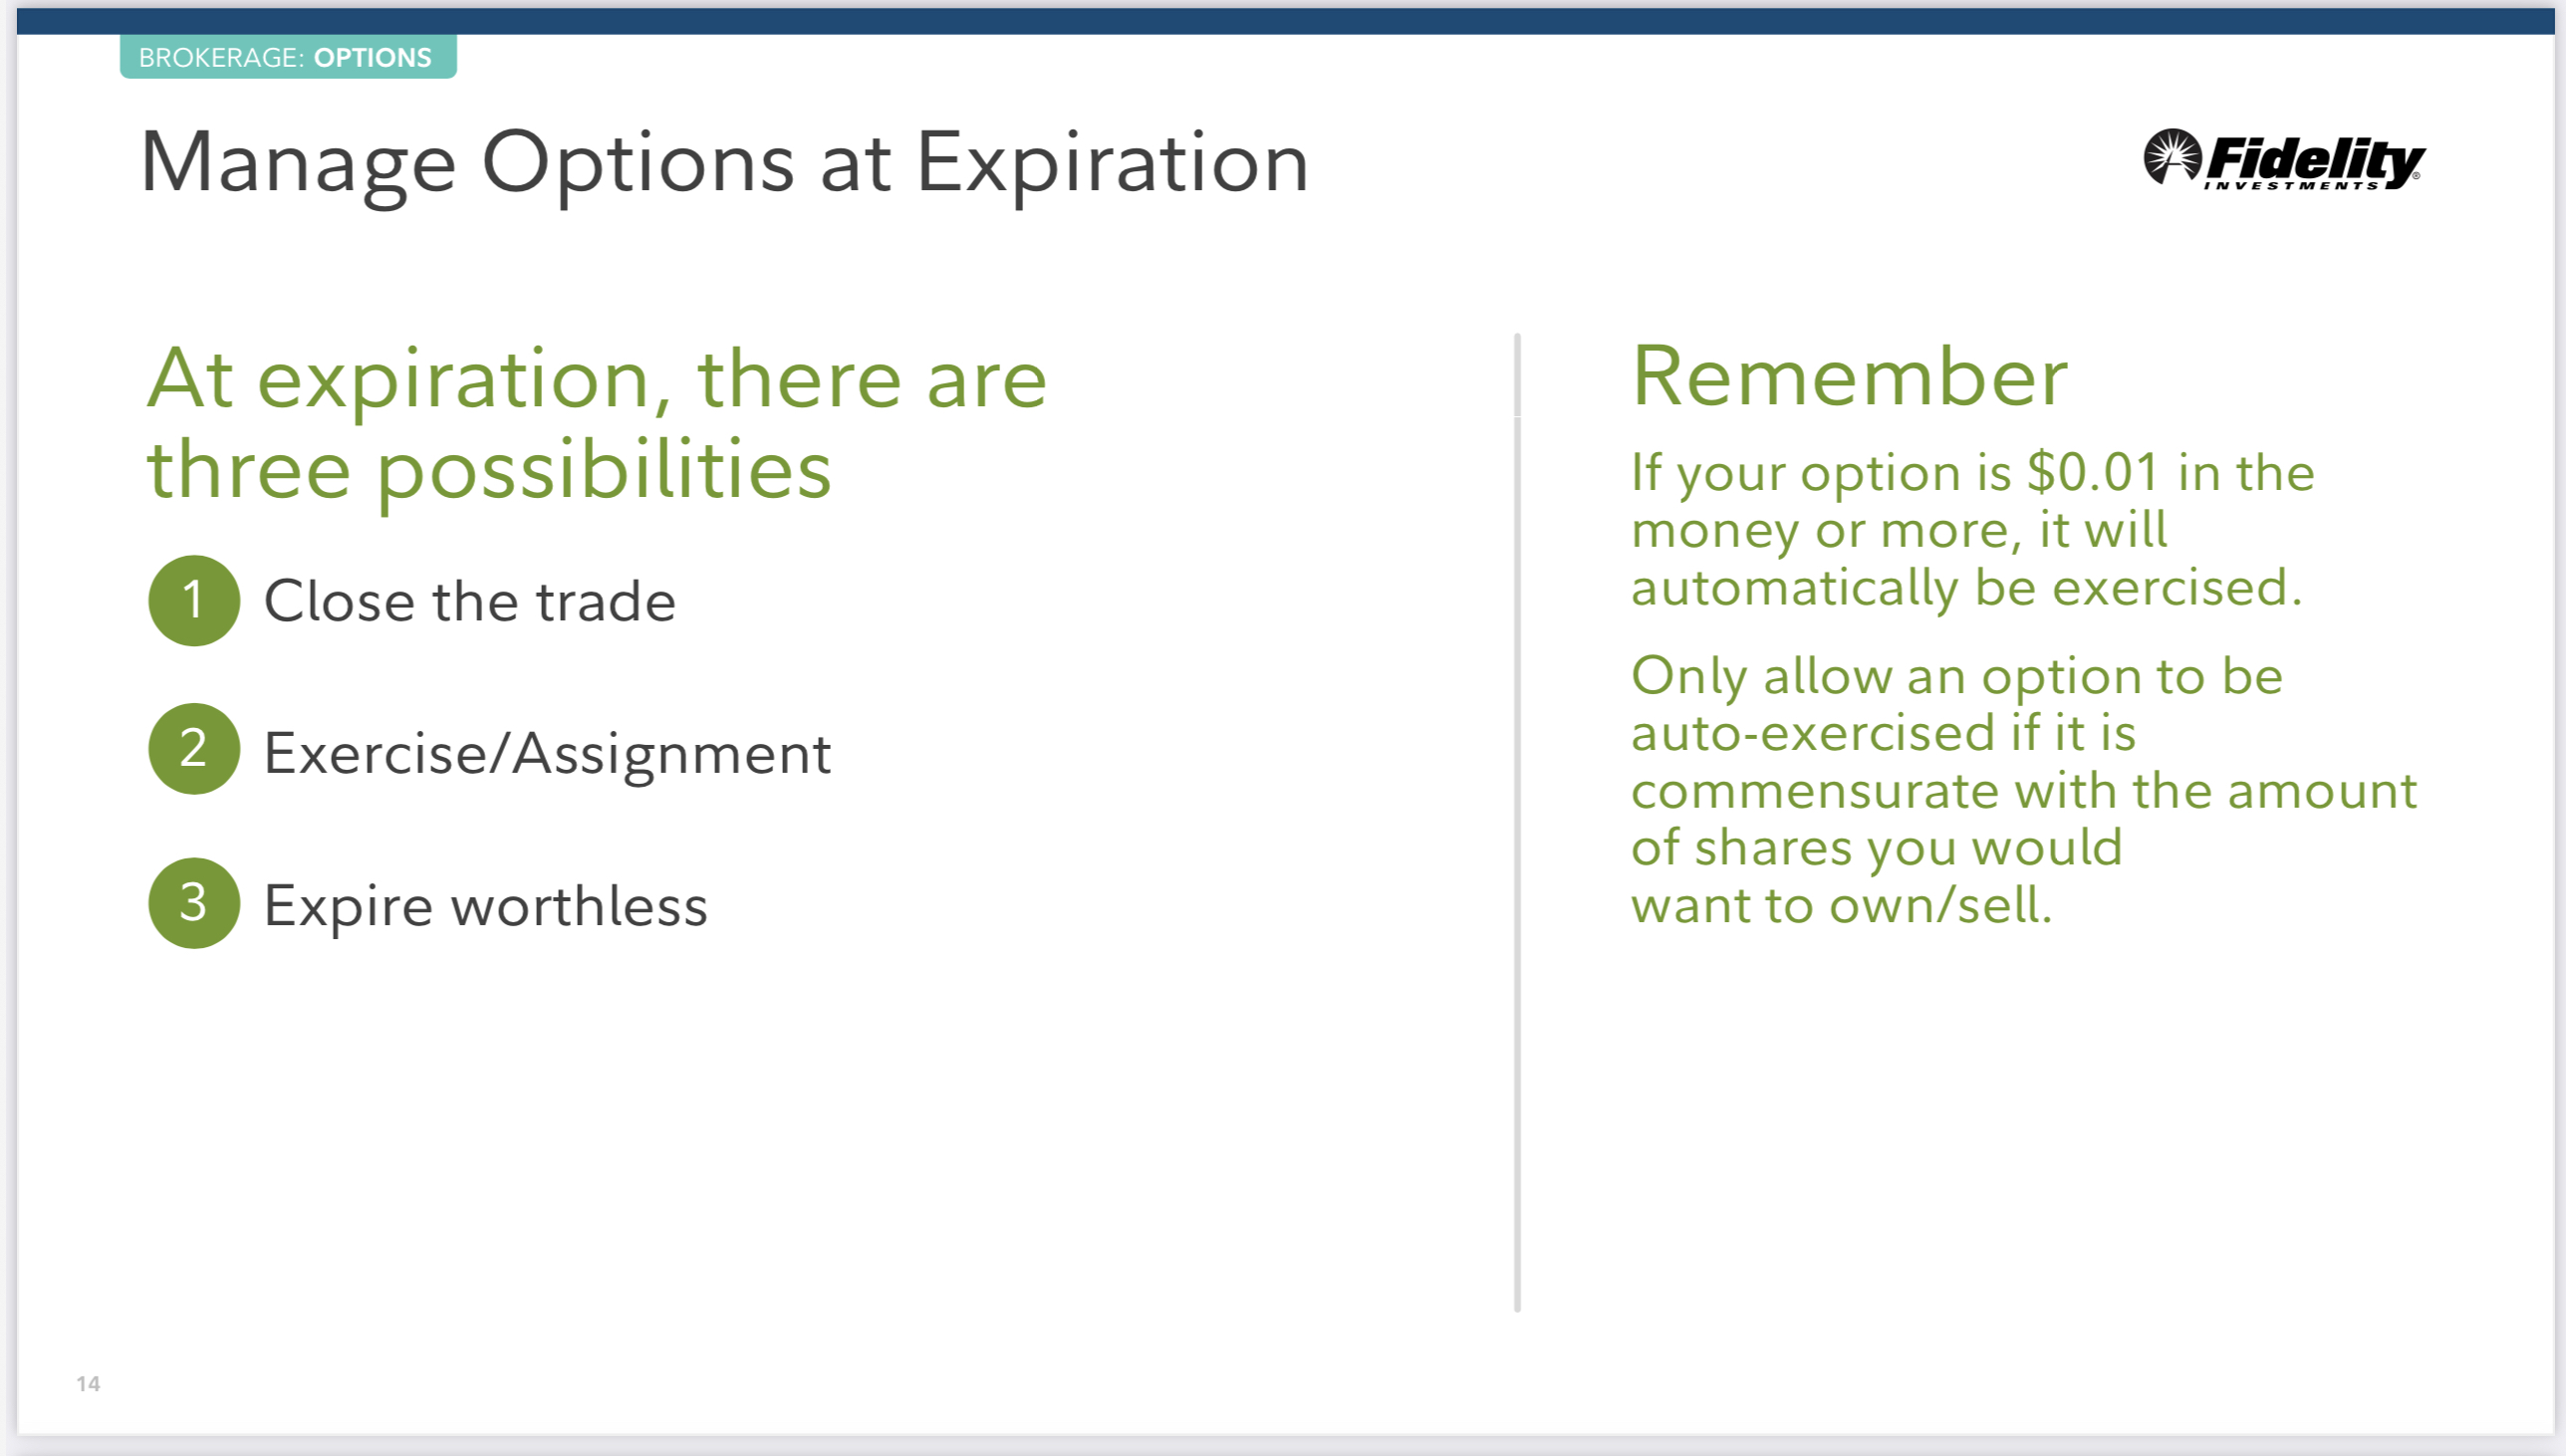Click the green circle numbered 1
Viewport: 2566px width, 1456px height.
(x=194, y=600)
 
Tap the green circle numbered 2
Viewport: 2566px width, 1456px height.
(x=194, y=749)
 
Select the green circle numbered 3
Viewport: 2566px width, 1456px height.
(x=194, y=903)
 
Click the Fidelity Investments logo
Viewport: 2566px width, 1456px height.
(x=2284, y=159)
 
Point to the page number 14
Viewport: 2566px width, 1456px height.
(x=88, y=1384)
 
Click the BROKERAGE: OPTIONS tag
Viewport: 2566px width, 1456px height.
(x=288, y=57)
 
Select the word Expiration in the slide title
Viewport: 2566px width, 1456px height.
(x=1112, y=165)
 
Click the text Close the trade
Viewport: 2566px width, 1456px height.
(x=470, y=602)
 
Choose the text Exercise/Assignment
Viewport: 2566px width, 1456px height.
(x=547, y=754)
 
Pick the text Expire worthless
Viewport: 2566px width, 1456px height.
(x=486, y=907)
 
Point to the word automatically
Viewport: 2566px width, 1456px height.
(x=1794, y=588)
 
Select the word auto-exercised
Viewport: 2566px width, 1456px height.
(x=1813, y=733)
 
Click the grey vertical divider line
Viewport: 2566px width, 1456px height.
(x=1517, y=822)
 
